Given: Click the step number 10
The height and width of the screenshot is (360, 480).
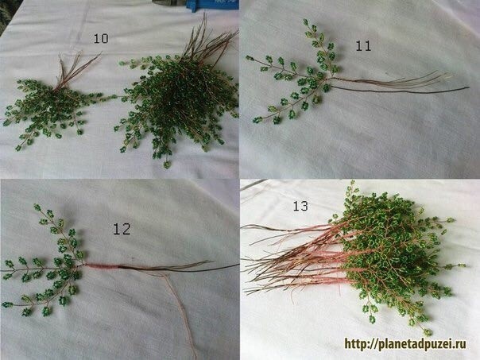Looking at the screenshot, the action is point(101,38).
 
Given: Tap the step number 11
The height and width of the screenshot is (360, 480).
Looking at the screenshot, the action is point(363,46).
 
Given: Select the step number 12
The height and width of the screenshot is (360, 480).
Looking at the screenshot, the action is point(122,229).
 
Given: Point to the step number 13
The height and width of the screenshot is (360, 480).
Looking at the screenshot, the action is point(300,206).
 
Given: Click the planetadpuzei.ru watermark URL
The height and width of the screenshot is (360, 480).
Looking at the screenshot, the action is point(405,344).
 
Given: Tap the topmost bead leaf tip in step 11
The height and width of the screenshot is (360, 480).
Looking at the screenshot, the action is point(306,22).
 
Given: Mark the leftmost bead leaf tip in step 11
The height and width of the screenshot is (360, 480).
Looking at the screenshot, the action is point(250,57).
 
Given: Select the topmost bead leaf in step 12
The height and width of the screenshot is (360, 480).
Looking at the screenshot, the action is point(37,207).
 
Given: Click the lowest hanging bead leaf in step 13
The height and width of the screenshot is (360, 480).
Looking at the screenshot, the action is point(428,332).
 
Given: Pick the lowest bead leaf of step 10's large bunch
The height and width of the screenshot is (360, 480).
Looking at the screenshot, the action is point(167,165).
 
